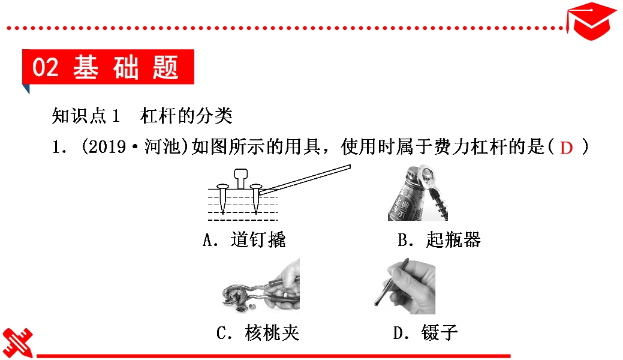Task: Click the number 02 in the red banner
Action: (46, 67)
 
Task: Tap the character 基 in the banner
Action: (85, 67)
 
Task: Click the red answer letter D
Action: (566, 148)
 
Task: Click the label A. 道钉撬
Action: (244, 240)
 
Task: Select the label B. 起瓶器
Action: (439, 240)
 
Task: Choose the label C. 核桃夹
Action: (258, 332)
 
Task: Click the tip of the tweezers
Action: (377, 304)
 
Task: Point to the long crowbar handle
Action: (305, 180)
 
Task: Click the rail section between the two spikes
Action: (240, 179)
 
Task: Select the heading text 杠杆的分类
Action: (186, 116)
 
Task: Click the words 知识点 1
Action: (86, 116)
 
